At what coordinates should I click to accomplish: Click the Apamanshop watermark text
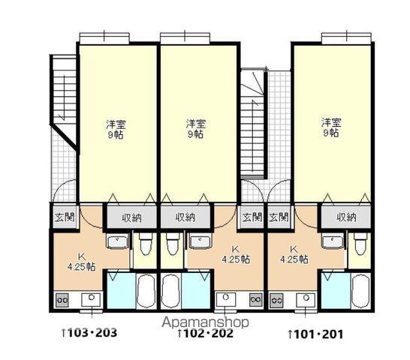205,323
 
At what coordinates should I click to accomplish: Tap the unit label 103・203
89,333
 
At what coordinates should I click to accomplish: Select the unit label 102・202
205,334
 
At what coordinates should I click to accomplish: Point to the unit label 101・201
315,334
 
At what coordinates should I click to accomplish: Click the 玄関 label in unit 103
65,217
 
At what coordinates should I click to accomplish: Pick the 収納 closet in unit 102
185,217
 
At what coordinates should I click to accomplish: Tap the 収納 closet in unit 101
346,217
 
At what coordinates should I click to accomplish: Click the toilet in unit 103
144,244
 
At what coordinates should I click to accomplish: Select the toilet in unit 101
360,244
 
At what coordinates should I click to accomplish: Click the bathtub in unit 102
170,291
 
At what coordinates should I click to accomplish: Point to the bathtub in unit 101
360,291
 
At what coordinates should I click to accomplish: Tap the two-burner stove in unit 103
62,300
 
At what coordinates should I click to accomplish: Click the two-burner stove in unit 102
256,299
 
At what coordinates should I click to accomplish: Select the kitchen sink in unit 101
306,299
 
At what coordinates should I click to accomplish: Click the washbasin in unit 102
200,241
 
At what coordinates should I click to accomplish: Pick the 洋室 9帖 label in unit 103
116,130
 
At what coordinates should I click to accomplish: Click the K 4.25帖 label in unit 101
294,254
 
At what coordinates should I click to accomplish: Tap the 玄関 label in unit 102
252,217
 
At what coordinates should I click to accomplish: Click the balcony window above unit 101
346,39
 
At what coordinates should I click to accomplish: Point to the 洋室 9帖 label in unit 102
196,129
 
